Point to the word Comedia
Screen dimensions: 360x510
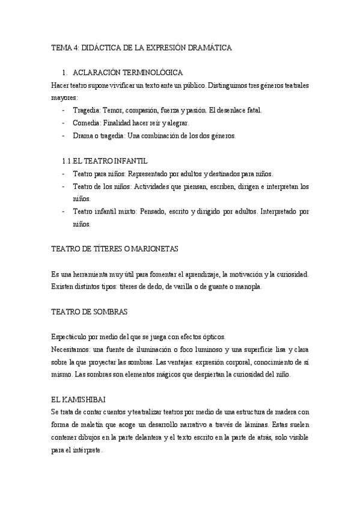tap(86, 123)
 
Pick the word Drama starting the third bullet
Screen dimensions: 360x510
tap(83, 135)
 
